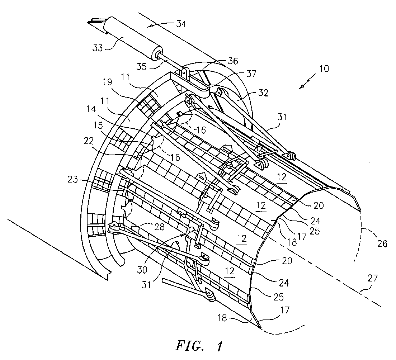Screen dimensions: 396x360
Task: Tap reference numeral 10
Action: pos(324,69)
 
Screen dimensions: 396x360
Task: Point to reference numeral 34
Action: pos(181,24)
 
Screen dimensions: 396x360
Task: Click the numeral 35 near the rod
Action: pos(141,67)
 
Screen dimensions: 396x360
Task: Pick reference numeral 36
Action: pos(232,61)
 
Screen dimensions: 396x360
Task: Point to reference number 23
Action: pos(73,180)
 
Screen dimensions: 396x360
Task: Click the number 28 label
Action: pos(159,227)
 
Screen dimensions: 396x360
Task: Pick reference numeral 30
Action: pos(142,270)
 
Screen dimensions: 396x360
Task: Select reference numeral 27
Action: pos(373,278)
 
